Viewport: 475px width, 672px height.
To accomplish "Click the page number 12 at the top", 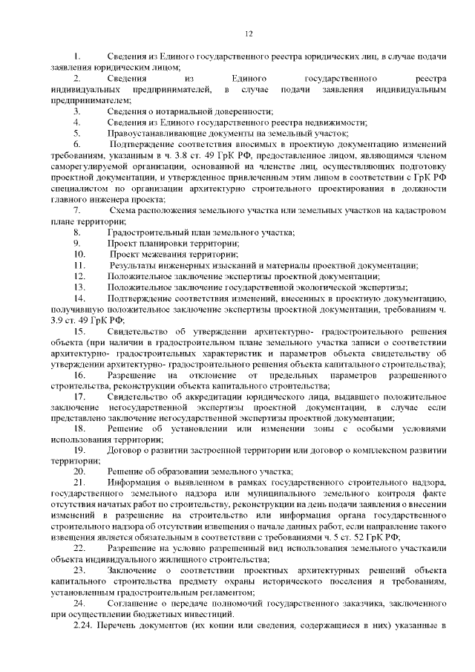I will click(249, 33).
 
